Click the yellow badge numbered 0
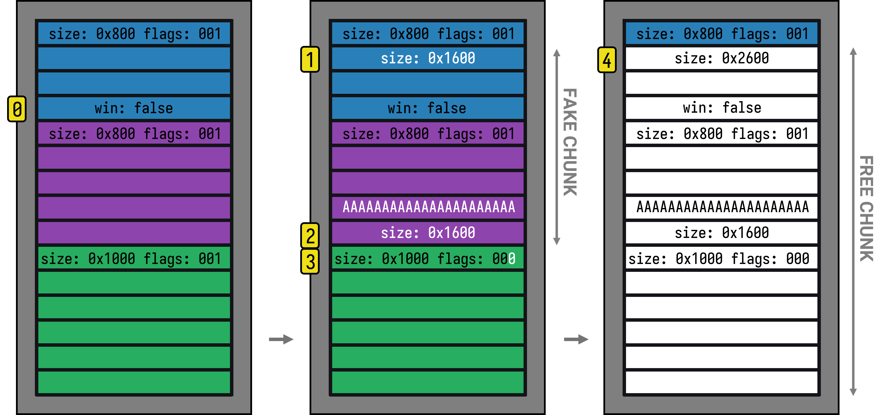[17, 109]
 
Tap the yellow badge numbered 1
[310, 59]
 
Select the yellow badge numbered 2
[310, 236]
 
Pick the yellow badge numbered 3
[310, 262]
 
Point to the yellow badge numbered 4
[607, 60]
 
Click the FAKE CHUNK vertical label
[570, 142]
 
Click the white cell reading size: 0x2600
[722, 58]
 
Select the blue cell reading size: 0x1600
[428, 58]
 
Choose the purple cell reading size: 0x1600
[428, 233]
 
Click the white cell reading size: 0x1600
[722, 233]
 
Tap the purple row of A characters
[428, 207]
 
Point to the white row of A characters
[722, 207]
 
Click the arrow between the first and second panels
[281, 339]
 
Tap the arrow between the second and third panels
[576, 339]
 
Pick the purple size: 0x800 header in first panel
[134, 134]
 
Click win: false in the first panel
[134, 108]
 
